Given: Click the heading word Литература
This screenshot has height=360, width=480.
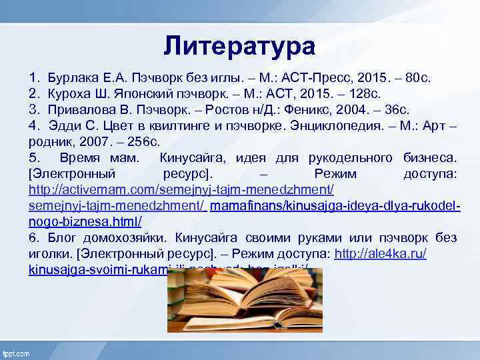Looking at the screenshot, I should point(239,46).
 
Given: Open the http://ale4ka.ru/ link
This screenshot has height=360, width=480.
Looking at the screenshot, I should point(381,253).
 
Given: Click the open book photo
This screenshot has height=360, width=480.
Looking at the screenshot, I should point(243,299).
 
